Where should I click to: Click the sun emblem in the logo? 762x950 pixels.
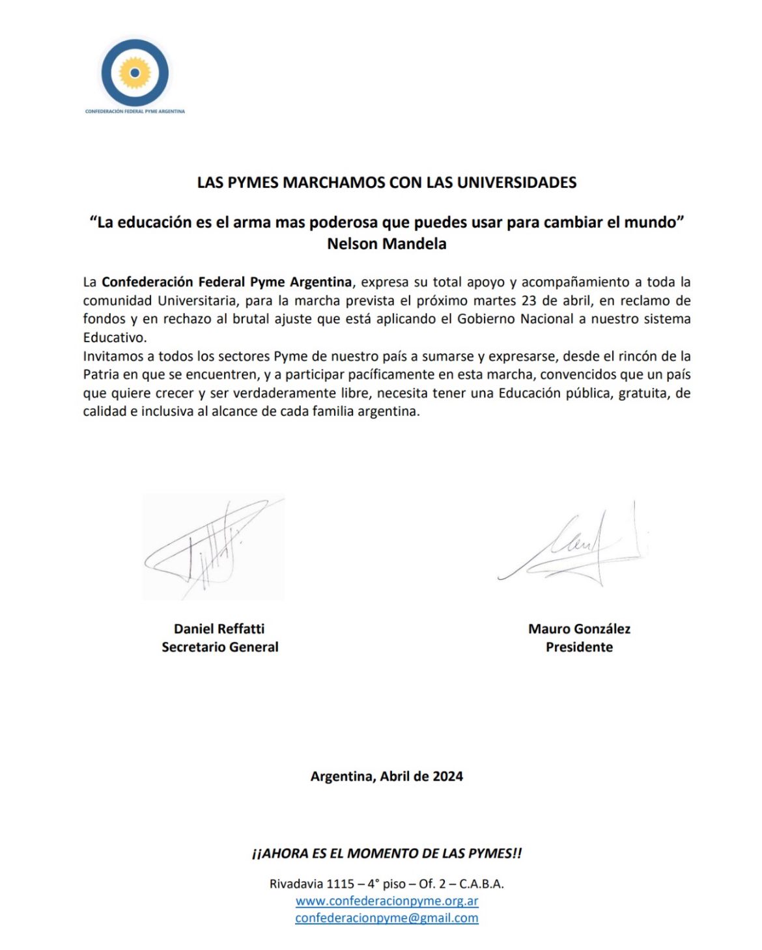(x=135, y=72)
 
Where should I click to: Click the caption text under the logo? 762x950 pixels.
(x=135, y=111)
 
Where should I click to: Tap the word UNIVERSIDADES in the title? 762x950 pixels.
(x=516, y=182)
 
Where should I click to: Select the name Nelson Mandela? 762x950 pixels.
(x=386, y=244)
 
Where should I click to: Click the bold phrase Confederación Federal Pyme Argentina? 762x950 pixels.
(x=227, y=282)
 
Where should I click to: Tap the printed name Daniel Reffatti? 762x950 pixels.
(x=219, y=629)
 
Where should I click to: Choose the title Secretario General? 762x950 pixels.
(x=219, y=647)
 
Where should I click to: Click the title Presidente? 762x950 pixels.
(x=579, y=647)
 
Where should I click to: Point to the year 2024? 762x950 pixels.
(x=447, y=776)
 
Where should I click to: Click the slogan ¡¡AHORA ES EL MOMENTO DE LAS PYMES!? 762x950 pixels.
(x=386, y=853)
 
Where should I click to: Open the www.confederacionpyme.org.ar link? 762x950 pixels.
(x=387, y=901)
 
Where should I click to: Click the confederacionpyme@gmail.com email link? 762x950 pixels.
(x=387, y=918)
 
